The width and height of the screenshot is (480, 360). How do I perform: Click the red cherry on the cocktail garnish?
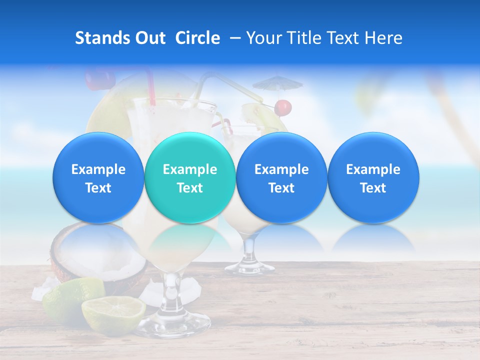pyautogui.click(x=283, y=106)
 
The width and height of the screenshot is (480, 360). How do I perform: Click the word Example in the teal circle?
pyautogui.click(x=190, y=169)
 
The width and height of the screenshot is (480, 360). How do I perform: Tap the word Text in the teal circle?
pyautogui.click(x=190, y=188)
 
